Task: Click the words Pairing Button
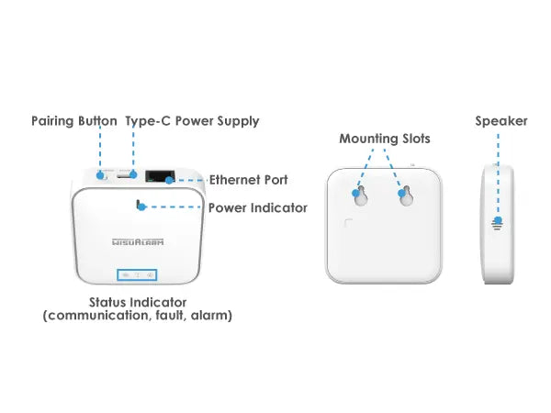pos(73,121)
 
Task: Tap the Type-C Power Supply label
pos(192,121)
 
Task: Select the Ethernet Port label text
pos(248,180)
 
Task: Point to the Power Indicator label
pos(258,207)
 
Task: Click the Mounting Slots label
pos(384,139)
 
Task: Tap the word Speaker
pos(500,121)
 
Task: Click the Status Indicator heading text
pos(138,302)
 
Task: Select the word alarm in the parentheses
pos(212,316)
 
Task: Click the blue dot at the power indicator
pos(141,206)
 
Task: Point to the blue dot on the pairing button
pos(99,173)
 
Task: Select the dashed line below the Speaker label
pos(500,174)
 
